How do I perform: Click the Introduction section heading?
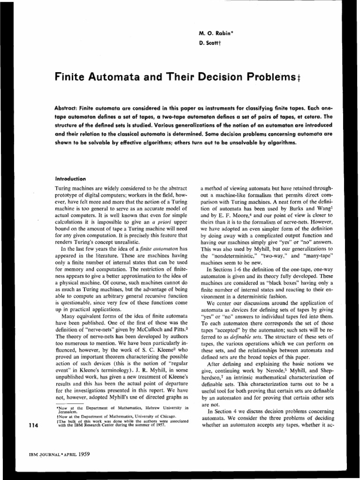click(71, 178)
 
